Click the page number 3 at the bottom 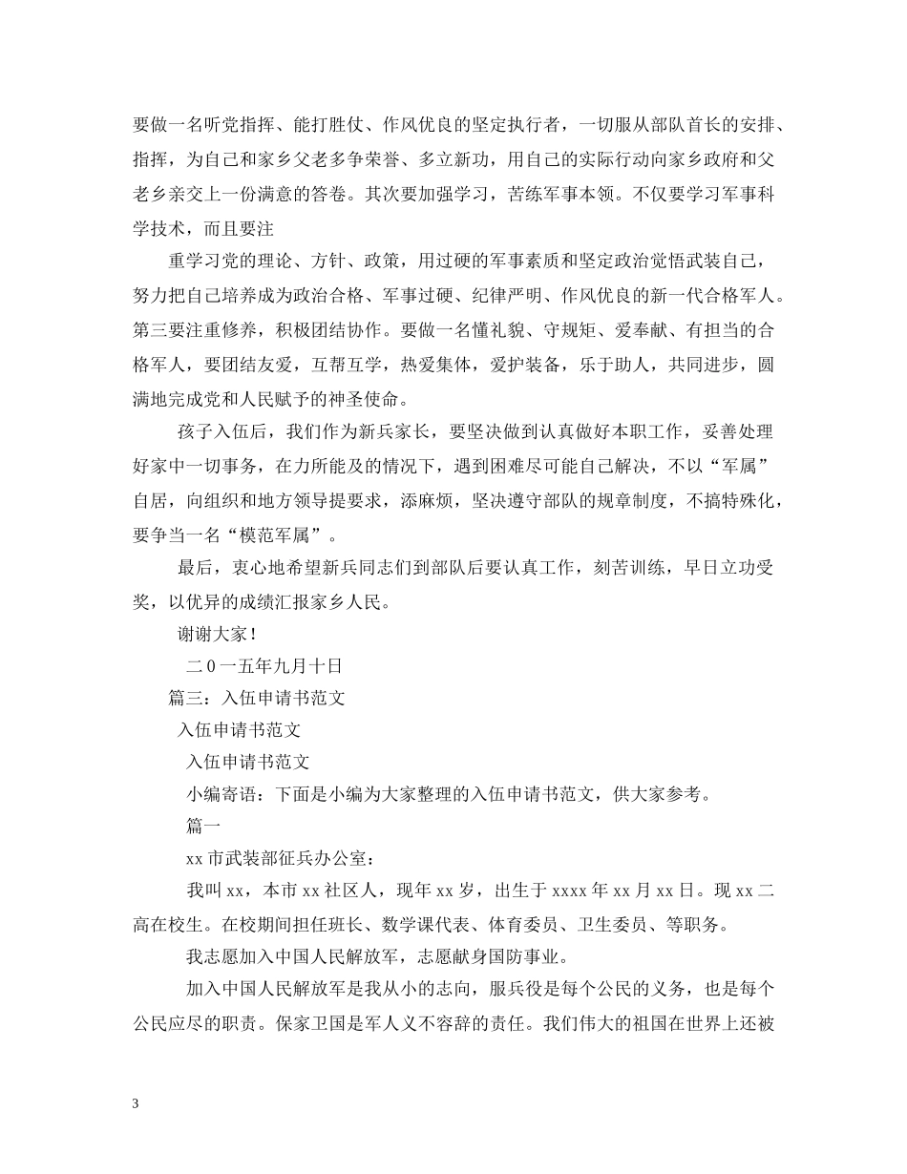(x=136, y=1103)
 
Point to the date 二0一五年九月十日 (x=264, y=665)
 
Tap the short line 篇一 (x=203, y=827)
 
